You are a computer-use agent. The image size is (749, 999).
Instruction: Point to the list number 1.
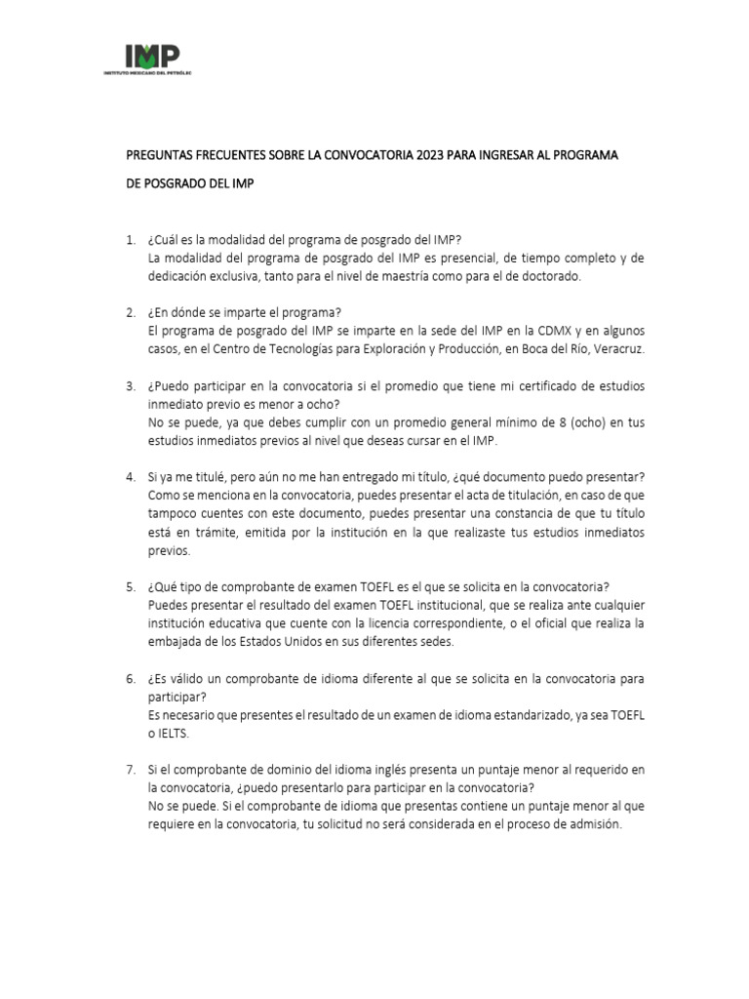131,240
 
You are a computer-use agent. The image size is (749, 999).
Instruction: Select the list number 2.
131,312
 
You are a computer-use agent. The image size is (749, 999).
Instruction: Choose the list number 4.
131,476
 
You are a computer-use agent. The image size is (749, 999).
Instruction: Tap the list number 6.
131,677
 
